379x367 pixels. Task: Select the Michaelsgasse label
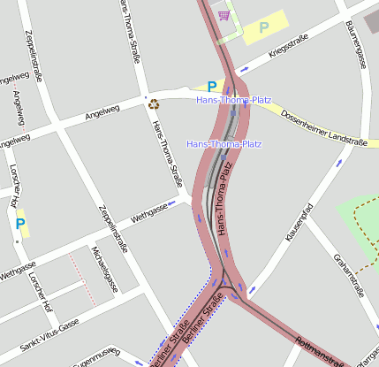tap(105, 269)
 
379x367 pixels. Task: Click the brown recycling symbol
tap(154, 104)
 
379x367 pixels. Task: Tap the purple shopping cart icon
tap(224, 15)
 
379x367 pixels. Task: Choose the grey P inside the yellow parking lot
tap(263, 27)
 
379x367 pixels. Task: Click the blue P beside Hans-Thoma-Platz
tap(210, 87)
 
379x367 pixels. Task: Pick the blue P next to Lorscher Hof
tap(20, 225)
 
